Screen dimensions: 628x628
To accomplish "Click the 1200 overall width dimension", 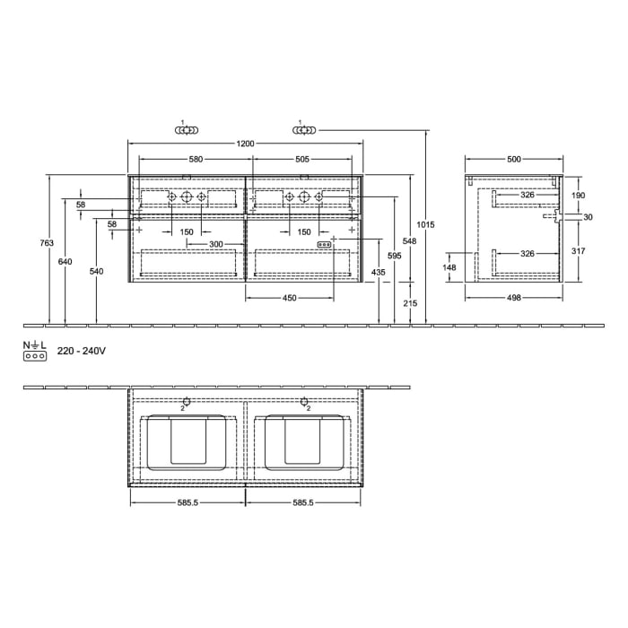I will (x=246, y=144).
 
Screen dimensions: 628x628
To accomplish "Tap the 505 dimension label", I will (x=302, y=160).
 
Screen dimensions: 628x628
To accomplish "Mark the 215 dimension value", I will (x=411, y=304).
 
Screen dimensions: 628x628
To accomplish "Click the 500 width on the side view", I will (x=513, y=160).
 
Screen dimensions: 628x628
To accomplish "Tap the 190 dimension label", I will (x=578, y=195).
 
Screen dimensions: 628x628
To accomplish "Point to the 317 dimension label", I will (x=578, y=251).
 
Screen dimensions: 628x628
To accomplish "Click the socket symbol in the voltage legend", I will (x=34, y=356).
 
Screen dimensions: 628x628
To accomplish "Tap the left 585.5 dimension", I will (x=187, y=502).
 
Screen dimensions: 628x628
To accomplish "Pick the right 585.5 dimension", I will (x=302, y=502).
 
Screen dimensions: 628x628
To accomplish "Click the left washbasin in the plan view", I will (x=188, y=442).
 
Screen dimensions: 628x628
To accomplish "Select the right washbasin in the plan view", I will (x=303, y=442).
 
